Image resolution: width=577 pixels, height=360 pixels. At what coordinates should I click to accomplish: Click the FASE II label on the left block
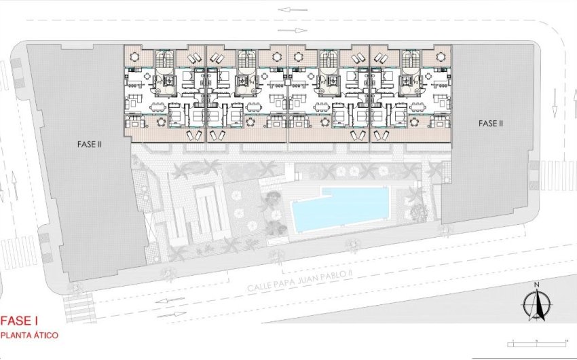(x=90, y=145)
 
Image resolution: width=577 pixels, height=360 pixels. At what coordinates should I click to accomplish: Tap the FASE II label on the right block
(x=490, y=124)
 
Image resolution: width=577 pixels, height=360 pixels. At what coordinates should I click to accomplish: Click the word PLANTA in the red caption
(x=18, y=336)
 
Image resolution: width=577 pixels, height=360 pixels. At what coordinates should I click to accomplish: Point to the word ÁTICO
(x=47, y=336)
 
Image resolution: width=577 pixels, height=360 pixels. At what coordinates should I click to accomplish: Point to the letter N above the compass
(x=536, y=285)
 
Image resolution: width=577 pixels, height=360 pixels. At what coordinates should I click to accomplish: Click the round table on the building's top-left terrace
(x=133, y=56)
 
